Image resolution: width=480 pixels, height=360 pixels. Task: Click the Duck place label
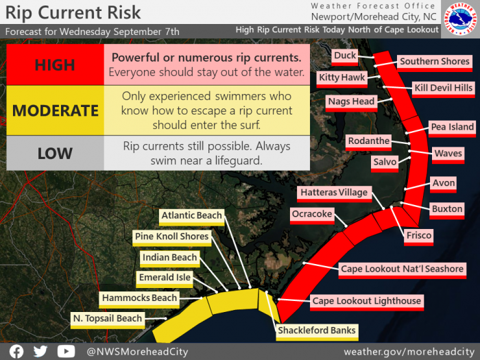[345, 57]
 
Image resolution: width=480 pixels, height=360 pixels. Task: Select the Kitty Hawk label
[342, 79]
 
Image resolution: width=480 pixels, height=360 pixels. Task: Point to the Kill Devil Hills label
[443, 89]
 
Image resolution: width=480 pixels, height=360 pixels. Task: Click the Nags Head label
[351, 103]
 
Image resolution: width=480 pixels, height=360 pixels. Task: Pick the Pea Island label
[452, 128]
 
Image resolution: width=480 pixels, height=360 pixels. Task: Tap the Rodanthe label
[369, 142]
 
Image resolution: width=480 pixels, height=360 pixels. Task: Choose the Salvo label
[385, 163]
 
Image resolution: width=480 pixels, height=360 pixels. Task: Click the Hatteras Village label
[335, 194]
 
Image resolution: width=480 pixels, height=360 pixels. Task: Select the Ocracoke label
[312, 215]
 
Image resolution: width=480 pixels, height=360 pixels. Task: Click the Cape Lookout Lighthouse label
[367, 302]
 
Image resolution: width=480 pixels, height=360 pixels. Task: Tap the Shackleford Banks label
[317, 332]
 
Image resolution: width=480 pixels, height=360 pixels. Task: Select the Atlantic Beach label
[191, 217]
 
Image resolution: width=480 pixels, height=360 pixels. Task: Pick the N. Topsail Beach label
[108, 320]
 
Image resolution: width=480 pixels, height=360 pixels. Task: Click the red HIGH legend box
[55, 64]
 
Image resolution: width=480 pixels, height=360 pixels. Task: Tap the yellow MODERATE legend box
[55, 110]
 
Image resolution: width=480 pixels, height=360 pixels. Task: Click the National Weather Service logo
[460, 19]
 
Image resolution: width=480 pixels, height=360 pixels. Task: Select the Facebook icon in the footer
[16, 351]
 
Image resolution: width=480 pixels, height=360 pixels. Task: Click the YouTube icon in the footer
[66, 351]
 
